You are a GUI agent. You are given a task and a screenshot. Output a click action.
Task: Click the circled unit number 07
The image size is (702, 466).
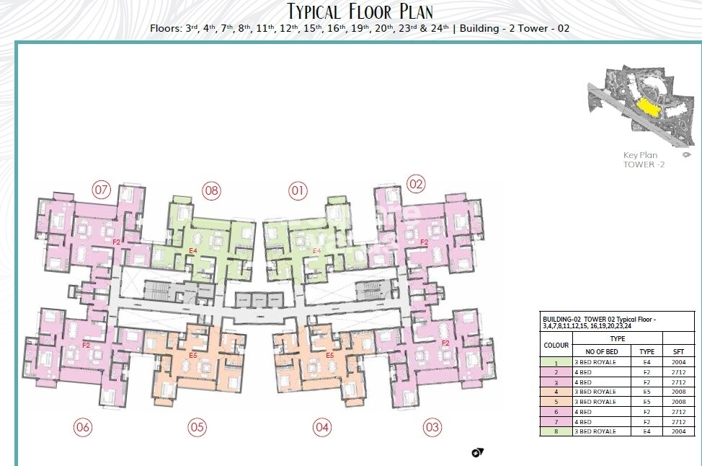pyautogui.click(x=101, y=190)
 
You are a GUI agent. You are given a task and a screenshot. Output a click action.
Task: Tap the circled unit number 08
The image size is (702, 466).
pyautogui.click(x=210, y=190)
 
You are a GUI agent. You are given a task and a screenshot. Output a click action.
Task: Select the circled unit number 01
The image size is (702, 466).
pyautogui.click(x=298, y=190)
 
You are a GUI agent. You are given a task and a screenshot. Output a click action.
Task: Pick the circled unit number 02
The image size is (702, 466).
pyautogui.click(x=416, y=183)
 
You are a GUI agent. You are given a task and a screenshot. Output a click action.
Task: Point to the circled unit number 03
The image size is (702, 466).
pyautogui.click(x=432, y=428)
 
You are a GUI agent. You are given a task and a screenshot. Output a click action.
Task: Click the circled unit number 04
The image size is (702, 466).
pyautogui.click(x=322, y=428)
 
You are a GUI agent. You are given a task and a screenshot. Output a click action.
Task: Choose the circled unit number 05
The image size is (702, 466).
pyautogui.click(x=197, y=427)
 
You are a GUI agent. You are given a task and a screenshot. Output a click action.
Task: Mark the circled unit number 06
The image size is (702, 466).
pyautogui.click(x=83, y=428)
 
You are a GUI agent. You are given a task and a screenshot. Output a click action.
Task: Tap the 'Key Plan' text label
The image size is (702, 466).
pyautogui.click(x=640, y=155)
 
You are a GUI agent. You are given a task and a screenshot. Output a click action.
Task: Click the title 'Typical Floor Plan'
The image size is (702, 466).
pyautogui.click(x=360, y=12)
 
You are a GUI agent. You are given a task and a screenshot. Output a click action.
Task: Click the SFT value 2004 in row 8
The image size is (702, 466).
pyautogui.click(x=678, y=431)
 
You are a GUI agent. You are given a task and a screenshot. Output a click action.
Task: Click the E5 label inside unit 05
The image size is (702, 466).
pyautogui.click(x=192, y=356)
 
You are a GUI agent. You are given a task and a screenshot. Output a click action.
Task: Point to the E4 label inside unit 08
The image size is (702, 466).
pyautogui.click(x=192, y=250)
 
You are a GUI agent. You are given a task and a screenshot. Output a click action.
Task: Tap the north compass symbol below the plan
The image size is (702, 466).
pyautogui.click(x=477, y=452)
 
